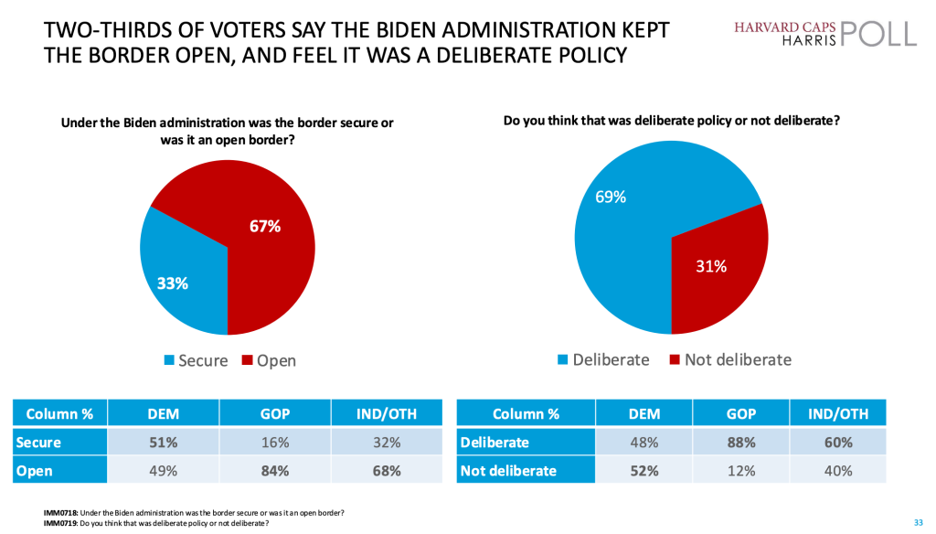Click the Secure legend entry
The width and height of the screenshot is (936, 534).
[195, 360]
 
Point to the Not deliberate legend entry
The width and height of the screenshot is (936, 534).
[730, 359]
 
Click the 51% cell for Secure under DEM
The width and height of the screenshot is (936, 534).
[163, 443]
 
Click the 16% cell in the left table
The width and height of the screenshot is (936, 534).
[274, 443]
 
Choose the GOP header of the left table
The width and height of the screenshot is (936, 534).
[274, 413]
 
